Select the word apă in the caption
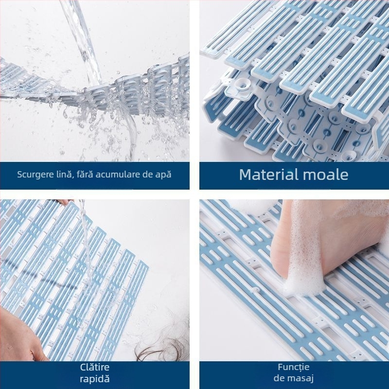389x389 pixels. click(x=163, y=175)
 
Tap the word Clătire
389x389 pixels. click(x=94, y=367)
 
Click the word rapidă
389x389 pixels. click(x=94, y=379)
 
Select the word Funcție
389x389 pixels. click(x=294, y=367)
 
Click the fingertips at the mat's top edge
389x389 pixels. click(x=65, y=202)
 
